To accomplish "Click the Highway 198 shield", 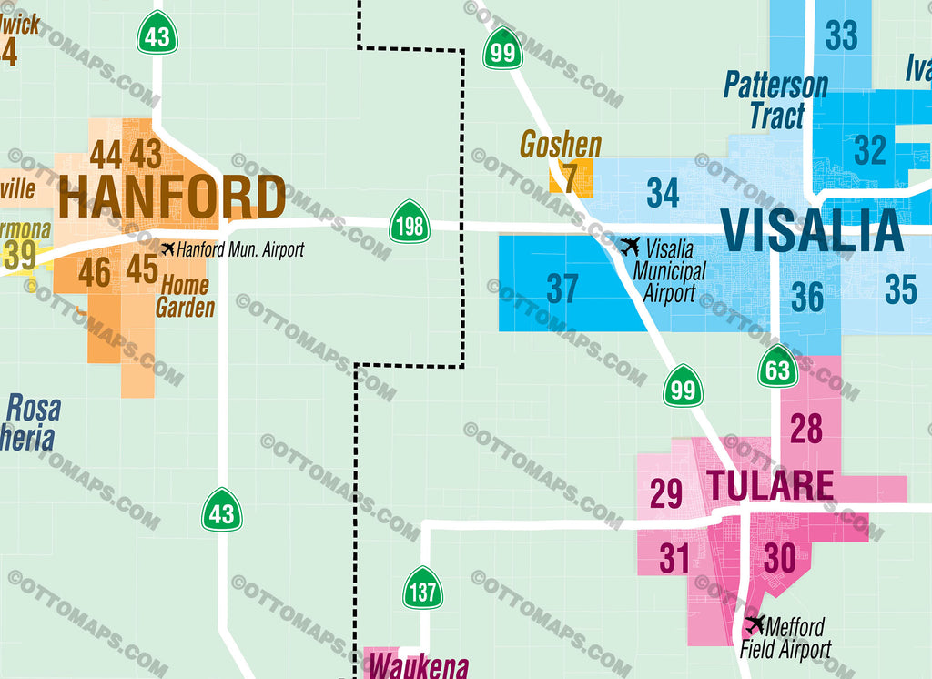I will point(410,224).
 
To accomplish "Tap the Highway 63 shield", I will point(777,367).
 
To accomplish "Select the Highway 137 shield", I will point(423,589).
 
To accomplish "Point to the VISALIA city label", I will point(812,230).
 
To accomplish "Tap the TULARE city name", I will point(770,485).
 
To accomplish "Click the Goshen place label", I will point(561,145).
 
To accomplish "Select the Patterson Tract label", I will point(775,100).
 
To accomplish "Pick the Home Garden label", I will point(185,296).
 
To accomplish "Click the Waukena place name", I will point(419,665).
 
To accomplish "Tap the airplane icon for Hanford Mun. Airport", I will point(167,248).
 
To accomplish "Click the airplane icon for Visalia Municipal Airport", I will point(630,246).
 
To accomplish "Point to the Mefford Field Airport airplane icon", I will point(755,625).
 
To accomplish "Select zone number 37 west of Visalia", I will point(562,289).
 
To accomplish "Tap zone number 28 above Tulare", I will point(806,428).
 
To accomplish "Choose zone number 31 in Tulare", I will point(674,558).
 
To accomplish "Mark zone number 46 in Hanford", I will point(95,272).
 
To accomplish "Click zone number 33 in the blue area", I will point(842,36).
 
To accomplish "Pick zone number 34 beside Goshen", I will point(663,192).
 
